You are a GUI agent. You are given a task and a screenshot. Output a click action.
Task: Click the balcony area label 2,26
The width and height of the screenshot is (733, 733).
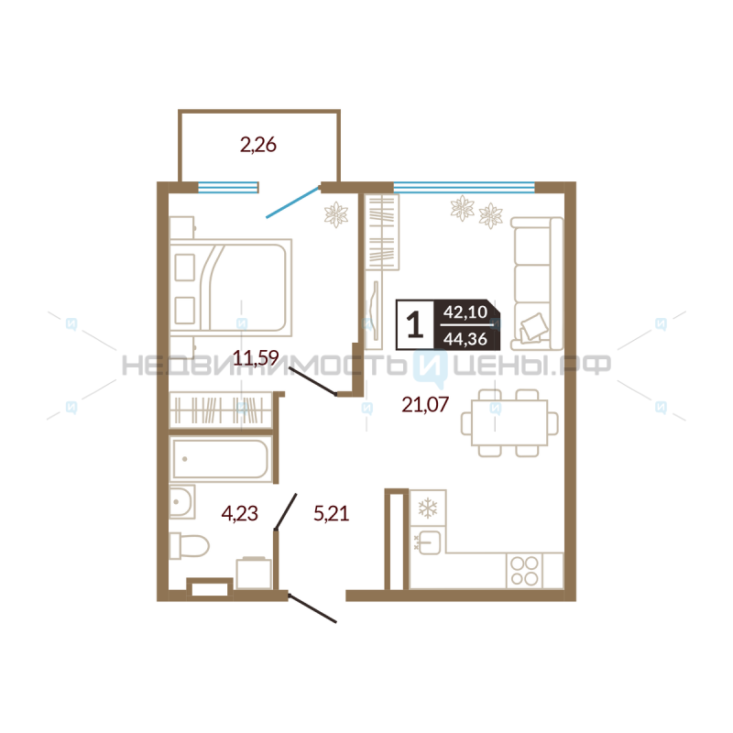258,145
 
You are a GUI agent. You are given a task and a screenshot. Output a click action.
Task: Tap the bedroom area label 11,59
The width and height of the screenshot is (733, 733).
256,358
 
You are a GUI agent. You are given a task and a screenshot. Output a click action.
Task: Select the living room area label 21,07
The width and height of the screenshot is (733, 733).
425,404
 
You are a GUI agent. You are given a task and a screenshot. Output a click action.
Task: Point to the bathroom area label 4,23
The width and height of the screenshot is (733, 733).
239,513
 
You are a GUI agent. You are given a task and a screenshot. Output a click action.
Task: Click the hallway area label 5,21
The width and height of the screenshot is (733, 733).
331,513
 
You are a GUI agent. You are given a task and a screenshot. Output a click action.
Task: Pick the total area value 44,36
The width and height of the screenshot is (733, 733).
465,338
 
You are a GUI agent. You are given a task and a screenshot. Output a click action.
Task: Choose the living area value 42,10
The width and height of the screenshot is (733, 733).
465,312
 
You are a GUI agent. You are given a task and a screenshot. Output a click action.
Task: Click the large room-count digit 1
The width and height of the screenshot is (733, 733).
415,324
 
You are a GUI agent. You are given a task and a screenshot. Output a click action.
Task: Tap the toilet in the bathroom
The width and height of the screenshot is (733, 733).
189,545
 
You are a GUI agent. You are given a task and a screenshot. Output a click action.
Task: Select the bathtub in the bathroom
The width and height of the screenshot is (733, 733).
221,459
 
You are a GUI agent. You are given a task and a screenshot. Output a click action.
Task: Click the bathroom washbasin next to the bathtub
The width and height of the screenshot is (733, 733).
181,502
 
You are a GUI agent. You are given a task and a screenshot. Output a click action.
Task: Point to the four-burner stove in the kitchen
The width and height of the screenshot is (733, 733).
524,570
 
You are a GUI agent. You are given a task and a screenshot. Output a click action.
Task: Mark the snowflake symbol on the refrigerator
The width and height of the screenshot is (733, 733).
427,509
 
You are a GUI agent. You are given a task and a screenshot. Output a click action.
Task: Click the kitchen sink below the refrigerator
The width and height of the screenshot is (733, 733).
428,542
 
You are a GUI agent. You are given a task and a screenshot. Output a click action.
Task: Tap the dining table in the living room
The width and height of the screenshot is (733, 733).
509,422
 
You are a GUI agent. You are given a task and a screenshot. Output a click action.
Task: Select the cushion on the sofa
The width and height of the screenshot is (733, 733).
534,326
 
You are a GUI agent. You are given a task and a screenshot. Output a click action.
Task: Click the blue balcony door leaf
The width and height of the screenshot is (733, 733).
292,202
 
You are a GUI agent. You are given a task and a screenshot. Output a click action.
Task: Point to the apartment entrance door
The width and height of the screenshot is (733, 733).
312,608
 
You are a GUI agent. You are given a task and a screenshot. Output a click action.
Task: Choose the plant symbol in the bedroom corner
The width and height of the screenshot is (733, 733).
336,214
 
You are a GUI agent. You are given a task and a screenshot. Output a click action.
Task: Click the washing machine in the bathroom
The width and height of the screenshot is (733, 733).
254,573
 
